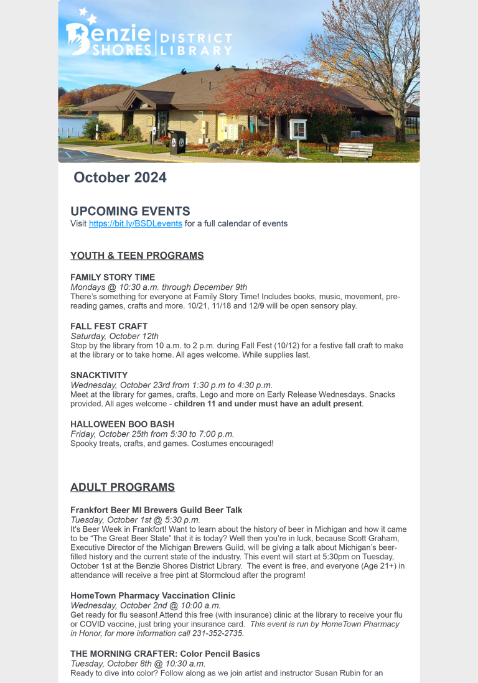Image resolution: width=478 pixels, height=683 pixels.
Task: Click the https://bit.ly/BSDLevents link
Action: [x=136, y=223]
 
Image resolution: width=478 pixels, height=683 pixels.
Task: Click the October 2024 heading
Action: [x=120, y=178]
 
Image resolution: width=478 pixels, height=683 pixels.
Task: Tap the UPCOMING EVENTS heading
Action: [x=130, y=211]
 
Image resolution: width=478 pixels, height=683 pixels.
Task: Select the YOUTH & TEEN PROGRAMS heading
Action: [x=137, y=256]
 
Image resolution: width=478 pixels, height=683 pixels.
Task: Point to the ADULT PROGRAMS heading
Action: [x=123, y=487]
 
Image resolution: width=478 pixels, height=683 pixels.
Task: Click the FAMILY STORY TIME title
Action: [x=113, y=277]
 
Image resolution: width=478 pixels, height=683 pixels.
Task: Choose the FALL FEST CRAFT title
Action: [x=109, y=326]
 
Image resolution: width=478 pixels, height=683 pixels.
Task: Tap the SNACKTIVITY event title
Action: [x=99, y=375]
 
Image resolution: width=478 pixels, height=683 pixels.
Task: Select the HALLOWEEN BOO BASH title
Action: [x=122, y=424]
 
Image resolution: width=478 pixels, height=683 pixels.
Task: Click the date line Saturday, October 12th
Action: [x=115, y=336]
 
